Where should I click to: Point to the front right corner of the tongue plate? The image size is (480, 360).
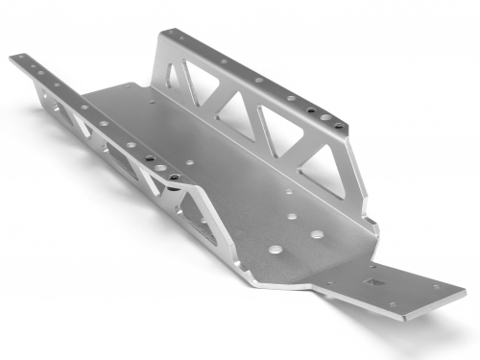tap(465, 289)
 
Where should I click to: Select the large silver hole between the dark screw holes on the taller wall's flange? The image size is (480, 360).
tap(291, 98)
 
